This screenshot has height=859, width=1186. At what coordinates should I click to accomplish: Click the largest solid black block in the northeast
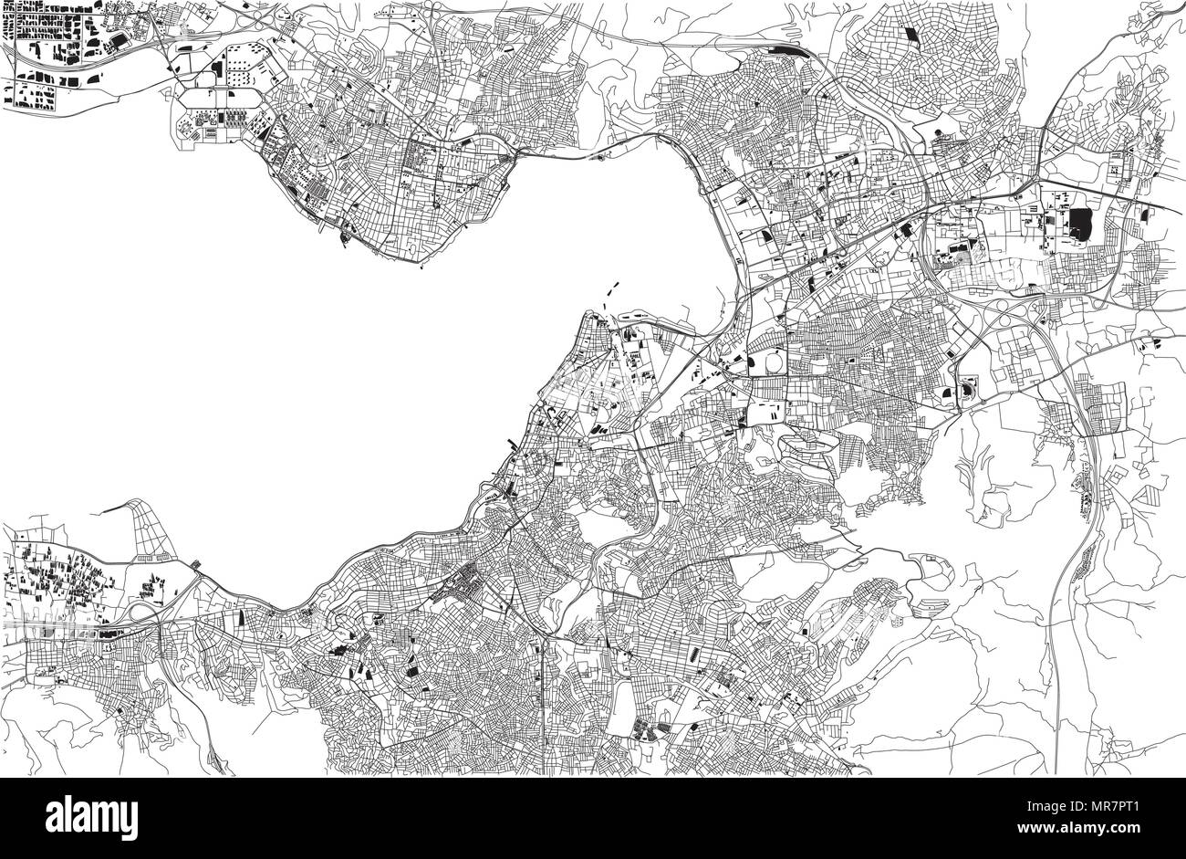(1082, 223)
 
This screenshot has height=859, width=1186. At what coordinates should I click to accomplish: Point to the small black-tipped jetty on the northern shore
(344, 239)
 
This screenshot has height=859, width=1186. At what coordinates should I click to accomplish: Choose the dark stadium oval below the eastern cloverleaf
(965, 391)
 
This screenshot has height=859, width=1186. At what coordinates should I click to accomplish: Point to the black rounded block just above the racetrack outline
(217, 69)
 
